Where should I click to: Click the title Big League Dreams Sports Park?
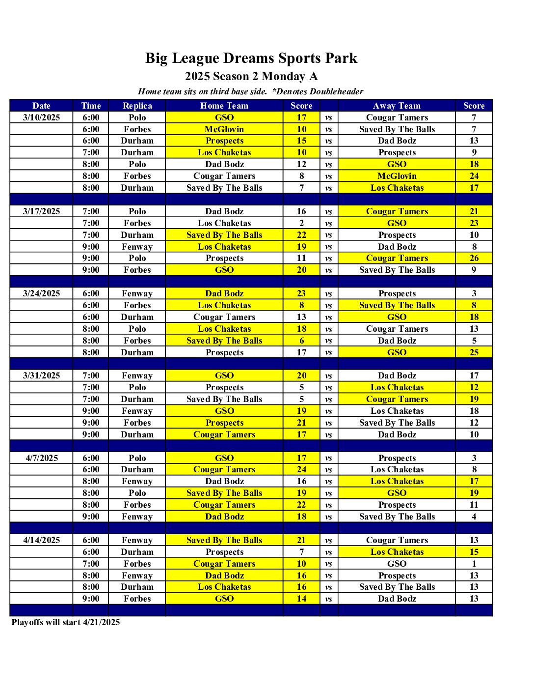[251, 58]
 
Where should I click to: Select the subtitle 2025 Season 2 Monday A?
[251, 76]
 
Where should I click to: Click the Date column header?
[41, 106]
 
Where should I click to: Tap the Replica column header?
[137, 106]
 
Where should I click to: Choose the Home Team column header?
[224, 106]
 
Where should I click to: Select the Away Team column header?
[397, 106]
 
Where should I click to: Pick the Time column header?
[91, 106]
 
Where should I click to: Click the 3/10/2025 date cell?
[41, 117]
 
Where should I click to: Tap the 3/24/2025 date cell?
[41, 293]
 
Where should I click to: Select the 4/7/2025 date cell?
[41, 458]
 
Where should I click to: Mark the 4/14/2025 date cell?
[41, 540]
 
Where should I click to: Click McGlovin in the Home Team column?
[224, 129]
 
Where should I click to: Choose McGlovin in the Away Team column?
[397, 176]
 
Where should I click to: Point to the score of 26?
[474, 258]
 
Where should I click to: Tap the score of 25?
[474, 352]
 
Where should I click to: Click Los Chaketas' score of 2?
[301, 223]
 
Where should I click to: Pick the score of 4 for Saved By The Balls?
[474, 517]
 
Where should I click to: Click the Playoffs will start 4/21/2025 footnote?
[65, 622]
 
